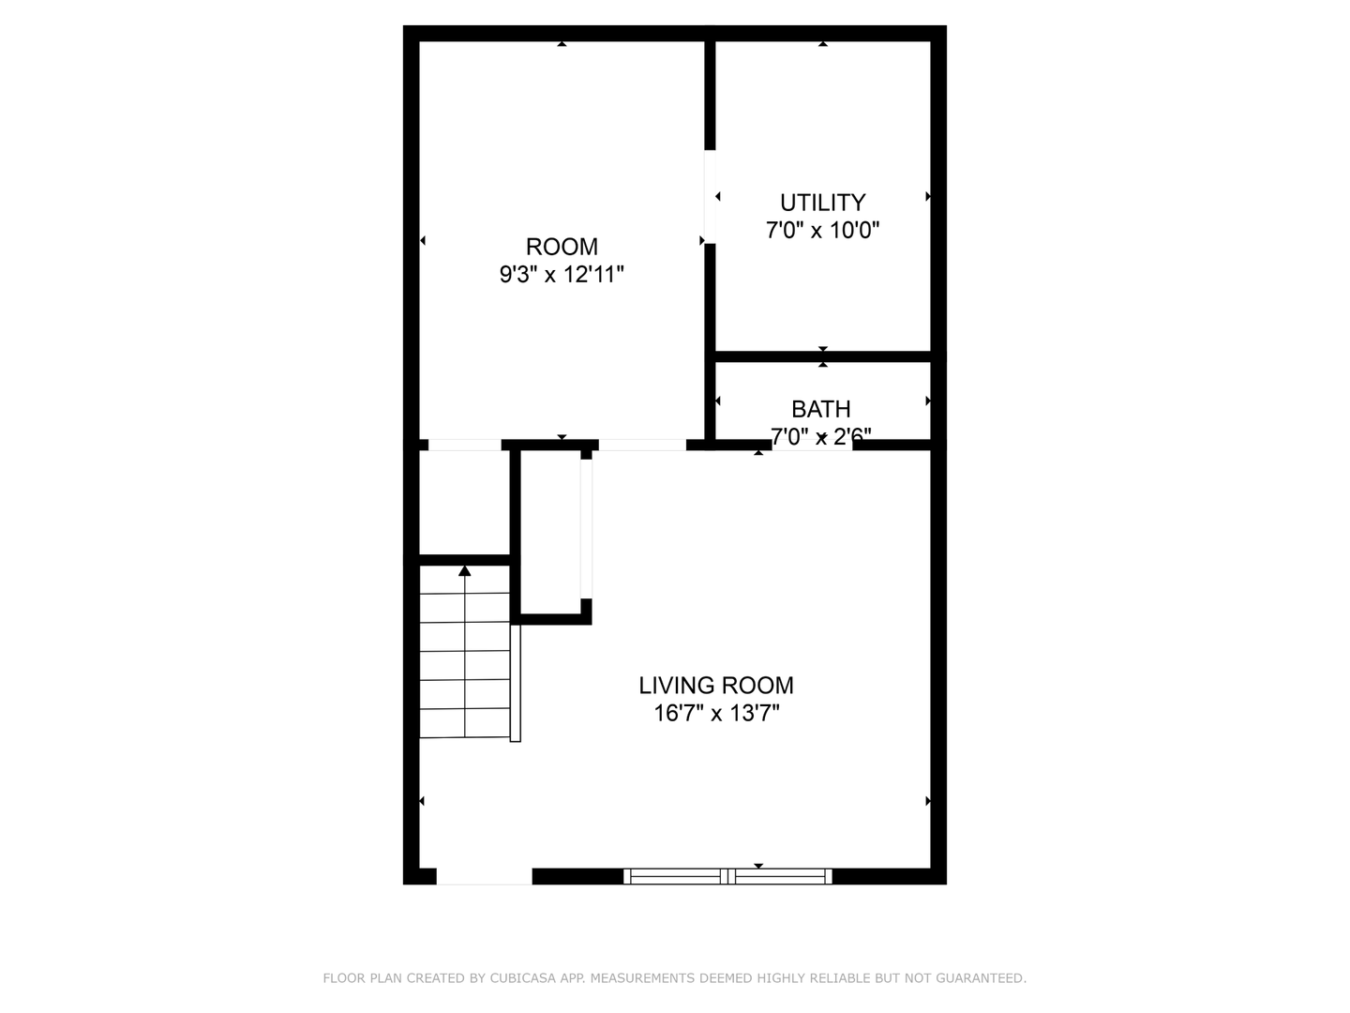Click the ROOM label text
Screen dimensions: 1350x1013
[561, 247]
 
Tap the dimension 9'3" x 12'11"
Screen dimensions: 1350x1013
[562, 274]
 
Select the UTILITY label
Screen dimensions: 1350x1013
[822, 203]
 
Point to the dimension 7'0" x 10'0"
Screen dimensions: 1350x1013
[822, 230]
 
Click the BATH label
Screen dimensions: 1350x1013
[820, 409]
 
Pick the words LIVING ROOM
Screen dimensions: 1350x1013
[716, 685]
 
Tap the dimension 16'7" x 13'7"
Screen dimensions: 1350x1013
[716, 714]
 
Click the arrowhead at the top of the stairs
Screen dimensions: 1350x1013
[464, 571]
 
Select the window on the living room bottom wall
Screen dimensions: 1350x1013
[727, 876]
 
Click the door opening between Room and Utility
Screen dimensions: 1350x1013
[710, 197]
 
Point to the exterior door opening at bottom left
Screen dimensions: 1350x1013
[484, 876]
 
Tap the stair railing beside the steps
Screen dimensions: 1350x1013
[516, 684]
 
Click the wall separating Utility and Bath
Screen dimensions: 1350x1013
[823, 356]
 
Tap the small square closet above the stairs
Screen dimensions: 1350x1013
[464, 503]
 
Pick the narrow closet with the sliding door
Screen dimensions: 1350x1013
[550, 532]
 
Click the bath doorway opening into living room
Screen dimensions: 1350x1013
[812, 445]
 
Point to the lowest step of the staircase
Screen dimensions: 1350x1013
[464, 722]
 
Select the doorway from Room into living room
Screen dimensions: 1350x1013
[642, 445]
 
